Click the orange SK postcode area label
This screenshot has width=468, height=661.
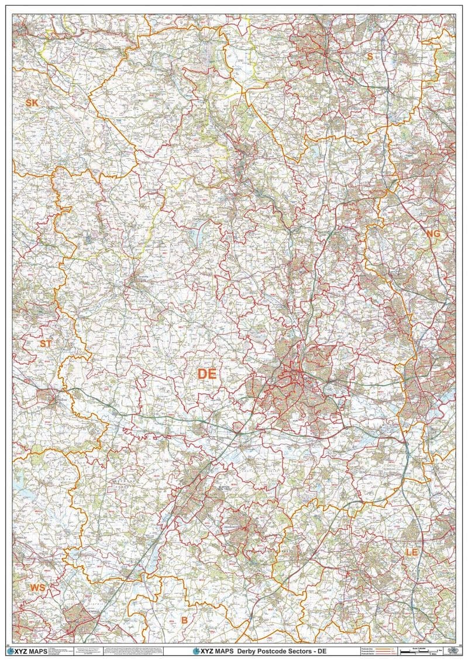tap(32, 103)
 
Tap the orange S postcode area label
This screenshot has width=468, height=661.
tap(369, 56)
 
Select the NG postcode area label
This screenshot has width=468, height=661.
tap(432, 234)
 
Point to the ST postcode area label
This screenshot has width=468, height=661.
tap(46, 344)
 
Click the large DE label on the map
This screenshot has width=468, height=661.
tap(207, 374)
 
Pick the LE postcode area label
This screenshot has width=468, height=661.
tap(412, 552)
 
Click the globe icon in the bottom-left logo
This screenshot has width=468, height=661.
tap(10, 650)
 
